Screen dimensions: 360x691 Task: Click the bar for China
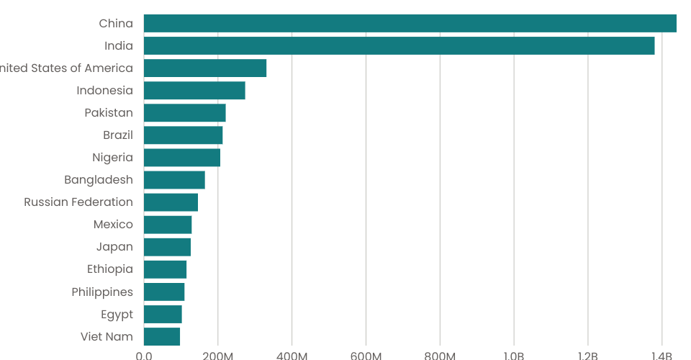(410, 24)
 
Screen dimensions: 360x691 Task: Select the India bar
(399, 46)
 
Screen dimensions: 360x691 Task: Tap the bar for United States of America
(205, 68)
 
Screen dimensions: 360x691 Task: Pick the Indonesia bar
(194, 91)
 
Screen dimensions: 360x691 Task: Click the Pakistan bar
(185, 113)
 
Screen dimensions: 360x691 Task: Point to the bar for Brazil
(184, 135)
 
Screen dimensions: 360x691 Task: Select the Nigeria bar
(182, 158)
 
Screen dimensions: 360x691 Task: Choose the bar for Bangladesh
(174, 180)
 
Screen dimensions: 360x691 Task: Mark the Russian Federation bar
(171, 202)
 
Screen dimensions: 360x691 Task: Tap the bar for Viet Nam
(162, 336)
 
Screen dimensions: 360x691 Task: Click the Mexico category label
(113, 225)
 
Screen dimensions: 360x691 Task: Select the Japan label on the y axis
(114, 247)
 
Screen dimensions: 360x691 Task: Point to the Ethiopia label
(109, 269)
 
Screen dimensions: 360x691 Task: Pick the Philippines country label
(102, 292)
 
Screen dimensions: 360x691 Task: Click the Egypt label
(117, 314)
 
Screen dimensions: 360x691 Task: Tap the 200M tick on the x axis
(218, 355)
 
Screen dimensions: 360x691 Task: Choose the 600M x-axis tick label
(366, 355)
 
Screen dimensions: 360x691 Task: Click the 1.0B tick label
(514, 355)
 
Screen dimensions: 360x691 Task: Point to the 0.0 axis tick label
(144, 355)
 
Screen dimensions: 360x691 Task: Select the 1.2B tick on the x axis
(588, 355)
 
